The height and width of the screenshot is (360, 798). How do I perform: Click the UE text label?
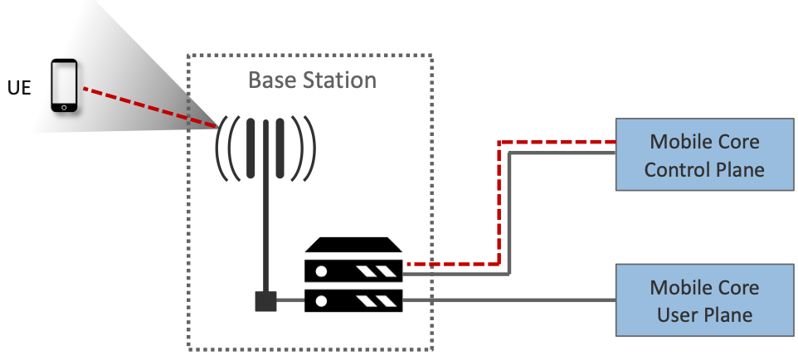coord(19,87)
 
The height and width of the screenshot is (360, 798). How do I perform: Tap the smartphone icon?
coord(64,85)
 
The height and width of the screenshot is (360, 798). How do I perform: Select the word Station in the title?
coord(339,80)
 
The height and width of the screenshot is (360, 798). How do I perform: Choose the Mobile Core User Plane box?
coord(704,301)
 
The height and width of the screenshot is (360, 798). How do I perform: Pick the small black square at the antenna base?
coord(265,300)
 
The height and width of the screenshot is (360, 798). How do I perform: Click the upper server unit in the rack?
coord(354,270)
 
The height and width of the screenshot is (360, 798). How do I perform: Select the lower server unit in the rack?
coord(354,299)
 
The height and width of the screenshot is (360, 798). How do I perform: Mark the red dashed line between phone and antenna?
coord(149,106)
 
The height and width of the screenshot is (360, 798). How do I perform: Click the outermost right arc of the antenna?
coord(312,149)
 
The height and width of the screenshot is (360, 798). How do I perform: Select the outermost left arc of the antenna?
coord(219,149)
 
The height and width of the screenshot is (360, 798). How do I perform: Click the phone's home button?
coord(64,107)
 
